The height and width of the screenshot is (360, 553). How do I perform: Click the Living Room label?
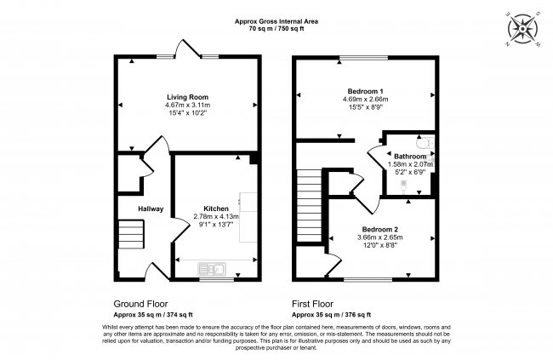tap(186, 97)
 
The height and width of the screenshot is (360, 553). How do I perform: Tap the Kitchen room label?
tap(216, 209)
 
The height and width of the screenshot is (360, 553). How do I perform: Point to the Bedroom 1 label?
tap(365, 91)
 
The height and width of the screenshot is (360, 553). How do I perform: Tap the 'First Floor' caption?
tap(316, 303)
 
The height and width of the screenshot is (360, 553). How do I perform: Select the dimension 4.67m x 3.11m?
tap(186, 105)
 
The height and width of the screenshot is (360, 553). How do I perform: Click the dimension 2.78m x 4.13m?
tap(216, 217)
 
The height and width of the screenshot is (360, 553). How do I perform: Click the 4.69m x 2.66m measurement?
tap(366, 99)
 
